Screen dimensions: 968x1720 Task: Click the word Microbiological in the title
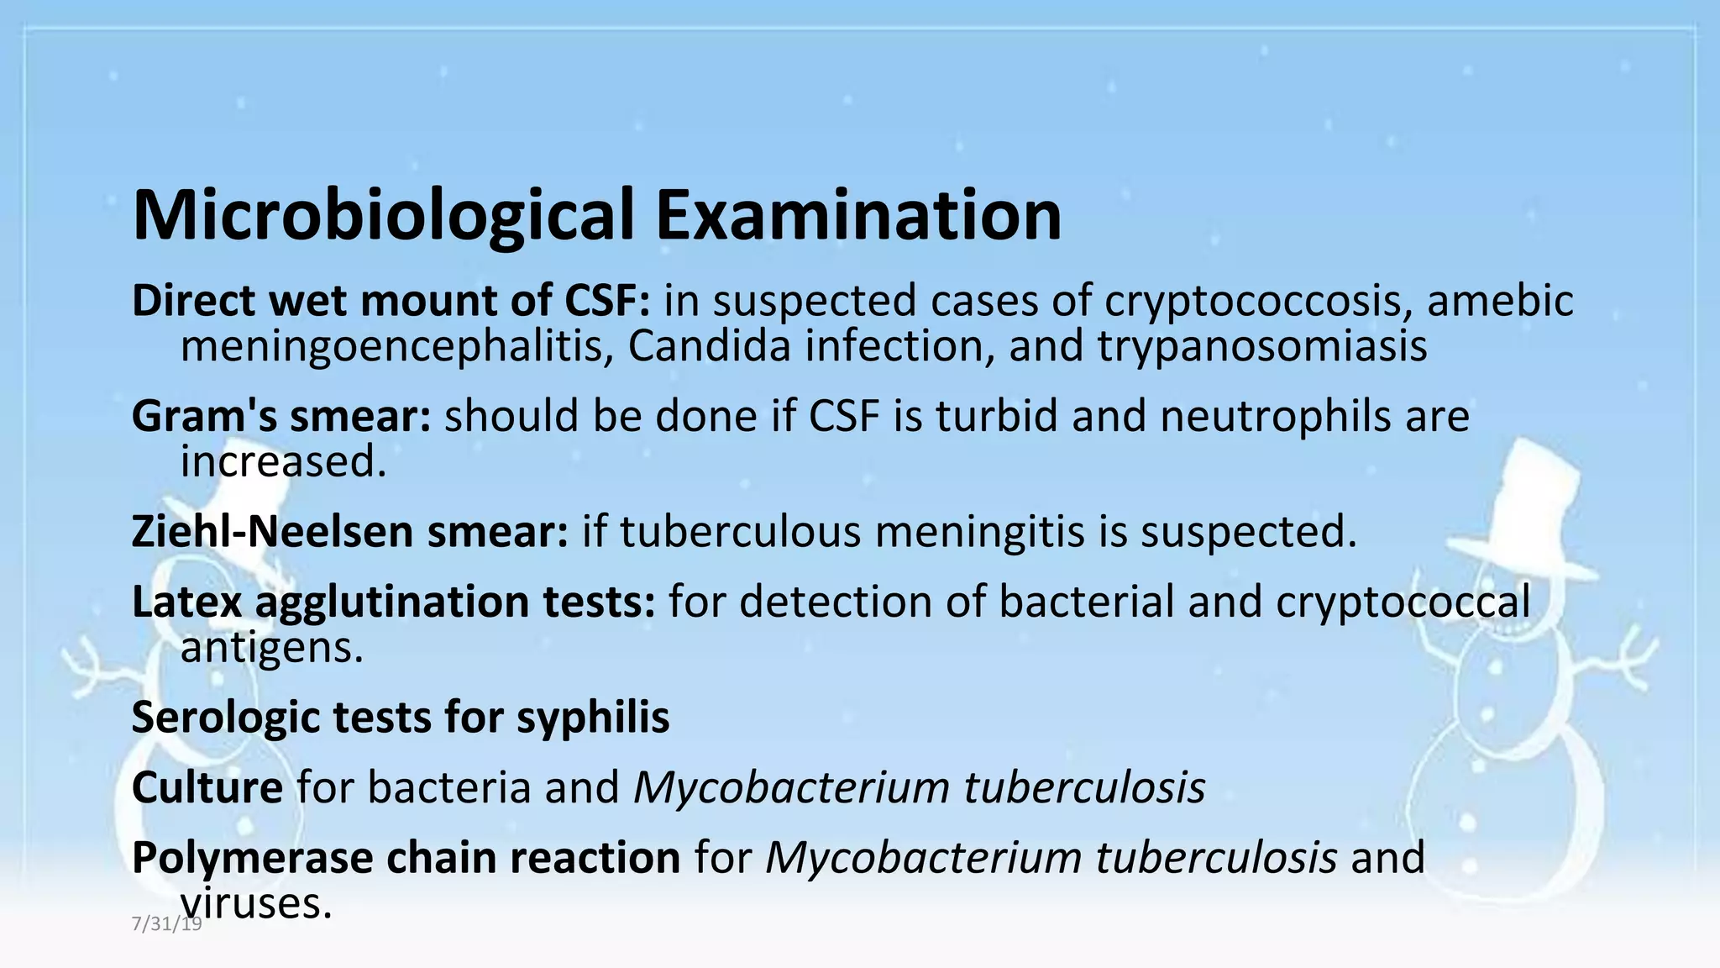click(383, 216)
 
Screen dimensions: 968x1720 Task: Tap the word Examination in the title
click(858, 216)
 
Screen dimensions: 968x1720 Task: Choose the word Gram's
click(204, 416)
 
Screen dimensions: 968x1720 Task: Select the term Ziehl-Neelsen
click(273, 532)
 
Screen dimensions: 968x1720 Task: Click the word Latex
click(186, 602)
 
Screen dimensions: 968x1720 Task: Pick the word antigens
click(272, 647)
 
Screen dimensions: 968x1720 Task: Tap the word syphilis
click(593, 718)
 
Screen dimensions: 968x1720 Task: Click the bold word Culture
click(207, 787)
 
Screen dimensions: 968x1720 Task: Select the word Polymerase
click(253, 858)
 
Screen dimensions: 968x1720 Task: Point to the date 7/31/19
click(167, 923)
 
